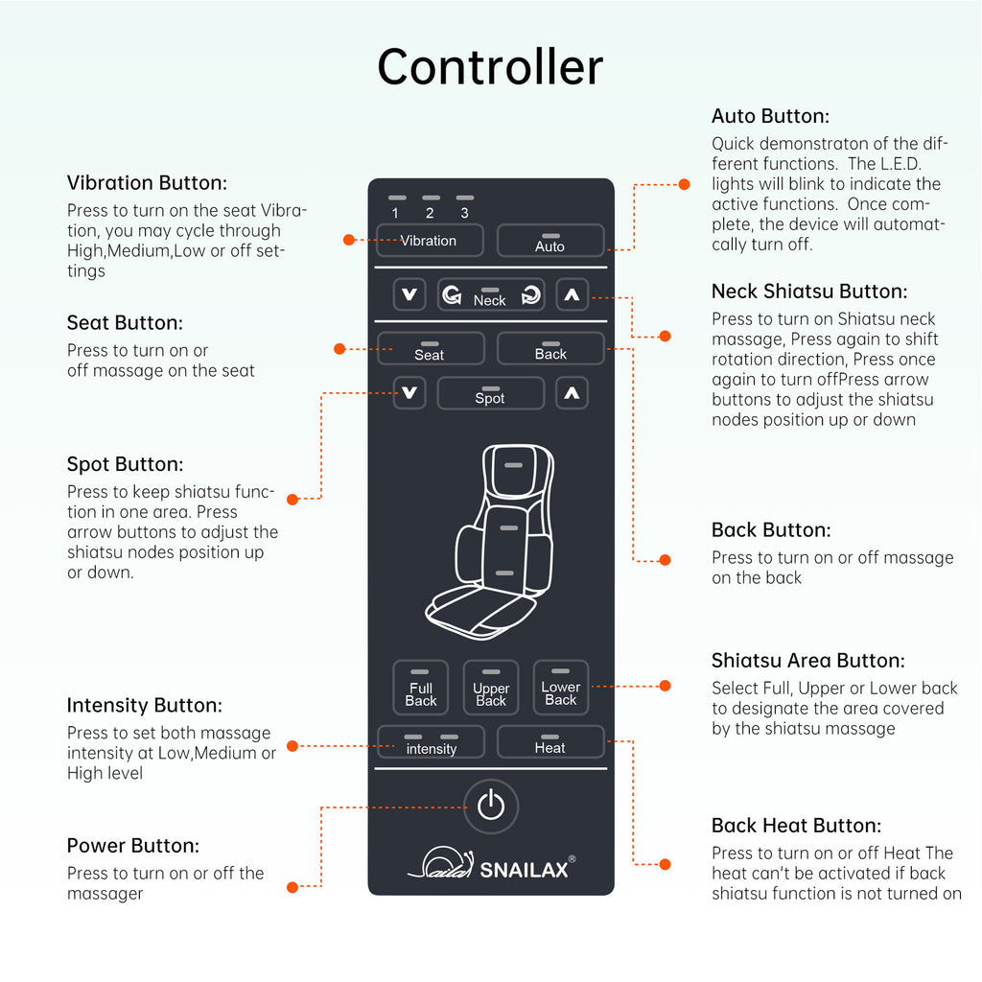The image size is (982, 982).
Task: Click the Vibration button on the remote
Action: [x=429, y=241]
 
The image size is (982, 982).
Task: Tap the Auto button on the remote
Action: [x=550, y=241]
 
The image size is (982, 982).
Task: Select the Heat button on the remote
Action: [x=550, y=742]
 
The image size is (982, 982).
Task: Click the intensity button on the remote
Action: [x=431, y=742]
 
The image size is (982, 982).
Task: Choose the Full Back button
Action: [x=421, y=689]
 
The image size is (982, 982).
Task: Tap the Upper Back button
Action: [x=491, y=689]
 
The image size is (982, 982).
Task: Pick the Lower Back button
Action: [x=561, y=688]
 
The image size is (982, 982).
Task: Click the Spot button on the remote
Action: [x=490, y=394]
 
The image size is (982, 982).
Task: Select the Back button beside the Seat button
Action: [x=550, y=349]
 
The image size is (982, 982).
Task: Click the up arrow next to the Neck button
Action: [x=573, y=295]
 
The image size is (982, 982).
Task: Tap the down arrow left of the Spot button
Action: [x=409, y=393]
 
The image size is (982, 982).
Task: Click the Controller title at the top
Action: [x=490, y=67]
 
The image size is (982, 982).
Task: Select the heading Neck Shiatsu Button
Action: [x=809, y=292]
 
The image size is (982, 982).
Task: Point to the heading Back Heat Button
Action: [x=796, y=826]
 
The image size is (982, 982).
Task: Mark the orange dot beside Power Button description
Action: [x=293, y=888]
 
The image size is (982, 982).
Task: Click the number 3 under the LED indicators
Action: [x=465, y=213]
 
